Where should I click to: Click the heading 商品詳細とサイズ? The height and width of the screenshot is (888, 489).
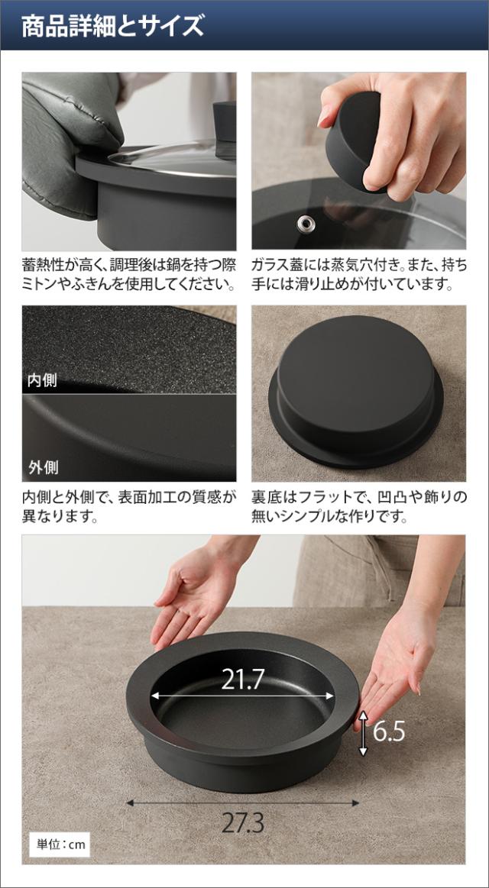point(112,26)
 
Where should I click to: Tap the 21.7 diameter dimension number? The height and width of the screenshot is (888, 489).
point(242,680)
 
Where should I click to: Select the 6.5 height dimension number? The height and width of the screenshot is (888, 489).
point(389,732)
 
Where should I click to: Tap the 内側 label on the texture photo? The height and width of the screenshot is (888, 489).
point(43,380)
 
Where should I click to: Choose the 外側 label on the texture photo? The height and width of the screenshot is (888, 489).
point(43,468)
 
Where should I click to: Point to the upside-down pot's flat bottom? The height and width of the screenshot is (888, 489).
point(355,371)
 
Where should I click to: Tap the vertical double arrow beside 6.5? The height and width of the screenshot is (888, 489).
point(363,733)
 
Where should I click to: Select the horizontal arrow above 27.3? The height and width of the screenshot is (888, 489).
point(242,802)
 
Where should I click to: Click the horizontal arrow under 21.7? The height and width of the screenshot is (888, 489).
point(242,696)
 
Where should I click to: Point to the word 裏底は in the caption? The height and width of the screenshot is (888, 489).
point(274,497)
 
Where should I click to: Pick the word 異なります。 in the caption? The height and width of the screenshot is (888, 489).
point(60,516)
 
